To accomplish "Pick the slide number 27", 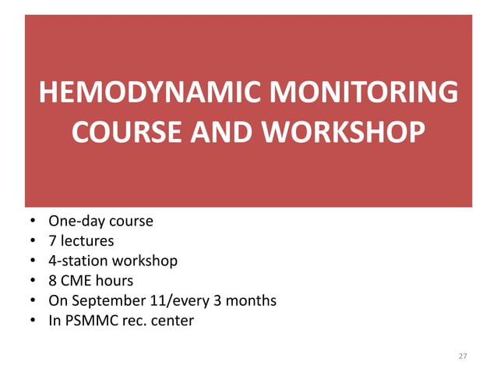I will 463,356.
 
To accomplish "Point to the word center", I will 171,320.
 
